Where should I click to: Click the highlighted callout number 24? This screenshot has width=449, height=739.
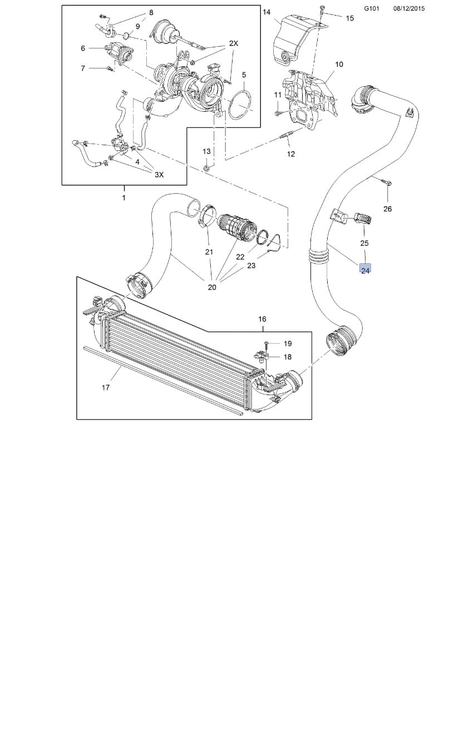(365, 270)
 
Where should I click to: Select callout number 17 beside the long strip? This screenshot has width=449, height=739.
(106, 387)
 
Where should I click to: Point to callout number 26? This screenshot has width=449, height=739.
(388, 209)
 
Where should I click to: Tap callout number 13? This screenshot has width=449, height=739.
(206, 151)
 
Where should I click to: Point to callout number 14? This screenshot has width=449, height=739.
(267, 12)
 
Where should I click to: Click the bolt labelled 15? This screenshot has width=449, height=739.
(323, 9)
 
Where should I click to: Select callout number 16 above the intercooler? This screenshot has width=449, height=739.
(262, 319)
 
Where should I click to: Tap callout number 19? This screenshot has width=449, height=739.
(288, 343)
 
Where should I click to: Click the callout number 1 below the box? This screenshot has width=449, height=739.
(124, 198)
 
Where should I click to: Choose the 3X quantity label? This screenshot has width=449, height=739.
(159, 174)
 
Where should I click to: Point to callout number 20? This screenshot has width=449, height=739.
(212, 287)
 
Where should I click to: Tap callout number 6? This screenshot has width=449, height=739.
(83, 48)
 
